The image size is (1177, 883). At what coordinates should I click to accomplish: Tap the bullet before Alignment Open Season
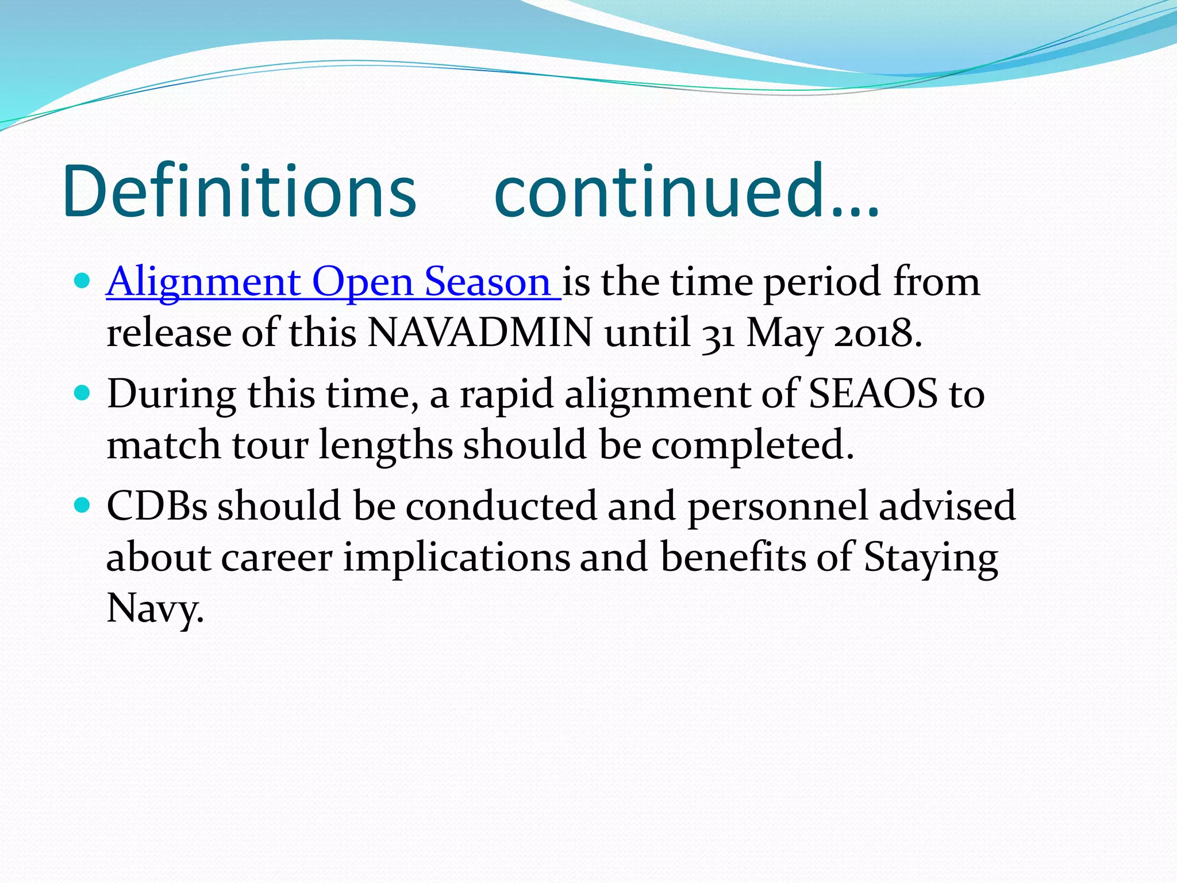tap(83, 281)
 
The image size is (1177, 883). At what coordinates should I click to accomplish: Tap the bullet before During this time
tap(83, 393)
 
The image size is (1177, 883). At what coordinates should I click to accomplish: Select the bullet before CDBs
tap(83, 505)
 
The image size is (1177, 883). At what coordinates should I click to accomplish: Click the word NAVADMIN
tap(480, 333)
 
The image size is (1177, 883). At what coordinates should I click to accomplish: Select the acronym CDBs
tap(156, 506)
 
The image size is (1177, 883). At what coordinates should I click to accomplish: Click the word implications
tap(456, 558)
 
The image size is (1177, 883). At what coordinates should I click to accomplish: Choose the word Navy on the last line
tap(155, 608)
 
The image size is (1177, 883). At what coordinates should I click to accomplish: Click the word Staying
tap(930, 558)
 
